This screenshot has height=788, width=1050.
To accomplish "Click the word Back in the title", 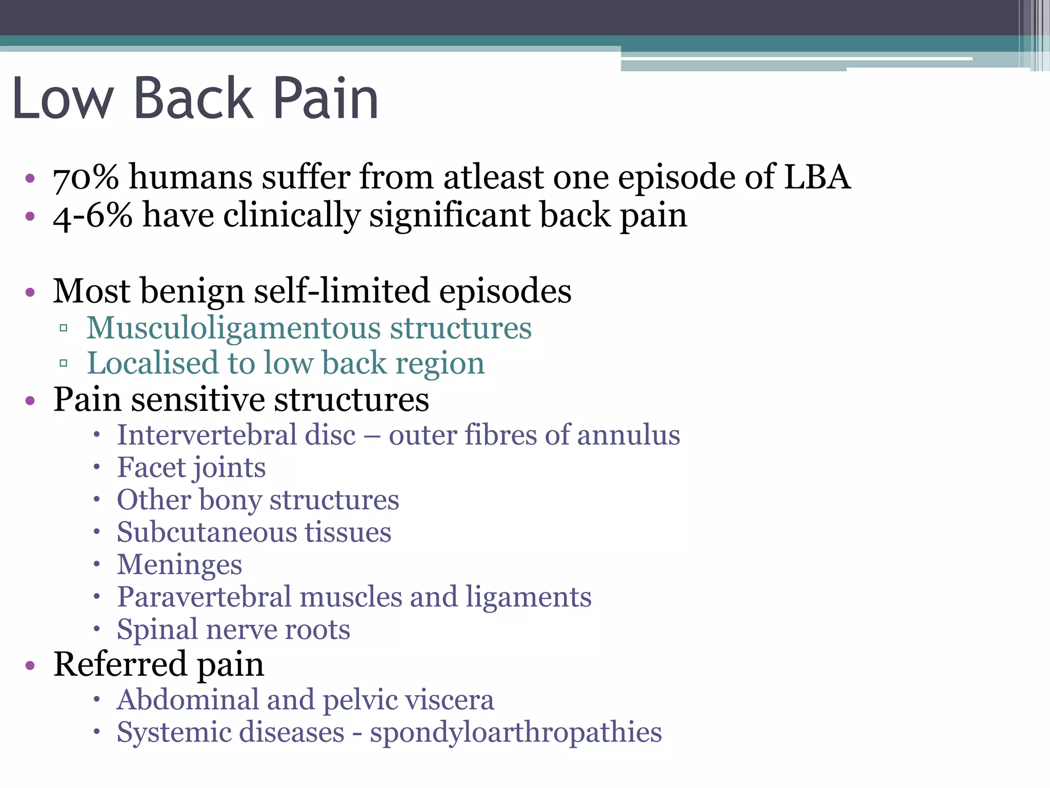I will point(193,98).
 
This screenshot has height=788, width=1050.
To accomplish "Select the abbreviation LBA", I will point(817,176).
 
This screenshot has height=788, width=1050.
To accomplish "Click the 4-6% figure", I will point(92,215).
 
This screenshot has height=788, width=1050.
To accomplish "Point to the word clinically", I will point(292,216).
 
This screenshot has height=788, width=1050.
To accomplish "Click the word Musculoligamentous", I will point(233,328).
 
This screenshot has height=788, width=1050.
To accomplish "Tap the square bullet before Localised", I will point(64,364).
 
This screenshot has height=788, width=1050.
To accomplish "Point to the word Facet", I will point(151,467).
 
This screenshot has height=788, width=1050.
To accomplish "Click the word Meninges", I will point(179,565).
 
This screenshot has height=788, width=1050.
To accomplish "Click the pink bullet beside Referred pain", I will point(30,665).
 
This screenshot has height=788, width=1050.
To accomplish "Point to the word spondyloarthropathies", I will point(516,733).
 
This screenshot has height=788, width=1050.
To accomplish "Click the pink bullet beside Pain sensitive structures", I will point(30,400).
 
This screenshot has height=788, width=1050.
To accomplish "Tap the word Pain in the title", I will point(326,98).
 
